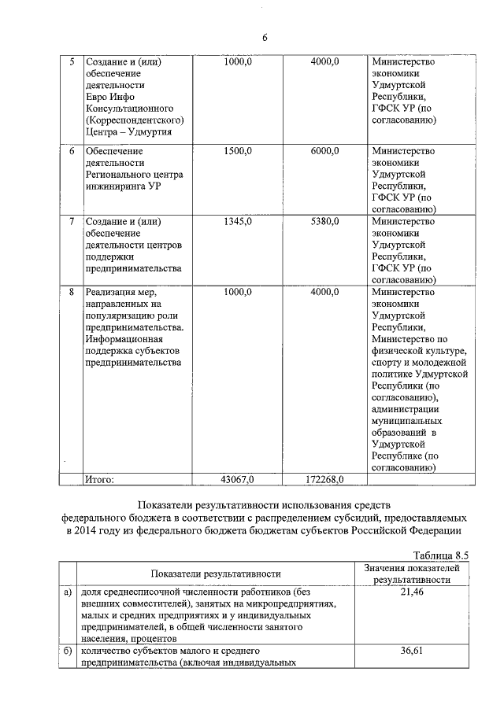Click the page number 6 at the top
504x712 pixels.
[x=265, y=38]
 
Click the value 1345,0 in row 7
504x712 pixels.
[x=238, y=222]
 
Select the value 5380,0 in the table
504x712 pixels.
[x=324, y=222]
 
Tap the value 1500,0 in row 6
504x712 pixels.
[x=238, y=151]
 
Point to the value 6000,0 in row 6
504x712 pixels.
[x=324, y=151]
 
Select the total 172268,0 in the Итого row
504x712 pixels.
[x=324, y=478]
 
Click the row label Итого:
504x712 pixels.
[x=100, y=478]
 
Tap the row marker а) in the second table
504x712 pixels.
[x=69, y=592]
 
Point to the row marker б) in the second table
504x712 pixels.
[x=69, y=651]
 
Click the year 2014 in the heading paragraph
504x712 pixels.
[x=89, y=530]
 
